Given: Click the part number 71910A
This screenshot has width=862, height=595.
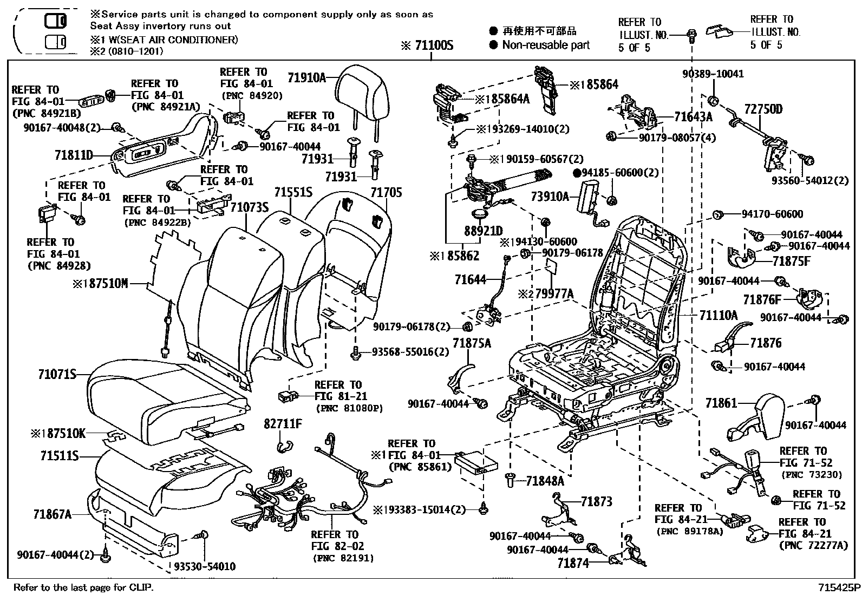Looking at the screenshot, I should pos(306,78).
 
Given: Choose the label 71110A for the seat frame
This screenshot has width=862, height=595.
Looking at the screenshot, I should pos(719,315).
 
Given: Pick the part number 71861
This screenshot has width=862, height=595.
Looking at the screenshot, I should pos(721,403).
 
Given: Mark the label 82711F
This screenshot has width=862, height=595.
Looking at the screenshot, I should pos(283,423).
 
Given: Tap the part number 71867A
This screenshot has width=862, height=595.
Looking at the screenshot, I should pos(52,514).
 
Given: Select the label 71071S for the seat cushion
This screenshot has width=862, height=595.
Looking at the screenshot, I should pos(57,374).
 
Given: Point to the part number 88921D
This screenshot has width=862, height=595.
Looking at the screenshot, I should pos(483,231).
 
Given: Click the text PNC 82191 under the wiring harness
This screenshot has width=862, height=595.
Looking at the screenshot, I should pos(342,558).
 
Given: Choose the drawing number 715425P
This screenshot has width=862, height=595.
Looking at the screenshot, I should pos(839,587).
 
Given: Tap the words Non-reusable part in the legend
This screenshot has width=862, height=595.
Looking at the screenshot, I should pos(545,45).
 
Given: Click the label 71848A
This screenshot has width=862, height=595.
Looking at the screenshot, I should pos(545,480).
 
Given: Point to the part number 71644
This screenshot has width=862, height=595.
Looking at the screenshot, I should pos(470,280).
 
